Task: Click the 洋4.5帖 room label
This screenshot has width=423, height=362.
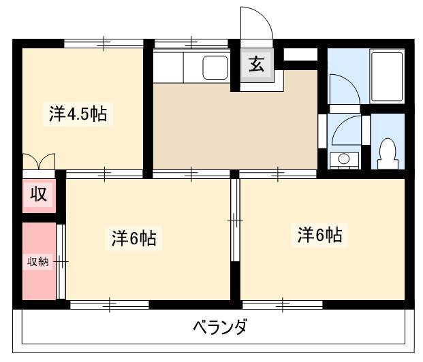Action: [78, 114]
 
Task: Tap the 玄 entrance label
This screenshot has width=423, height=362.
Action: [257, 65]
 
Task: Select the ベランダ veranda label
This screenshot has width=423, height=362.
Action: [219, 327]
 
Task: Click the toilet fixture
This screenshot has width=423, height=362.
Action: [388, 154]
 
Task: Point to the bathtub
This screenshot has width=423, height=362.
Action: [387, 76]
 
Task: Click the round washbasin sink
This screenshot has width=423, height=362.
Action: [344, 159]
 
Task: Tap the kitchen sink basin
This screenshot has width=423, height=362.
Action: [215, 67]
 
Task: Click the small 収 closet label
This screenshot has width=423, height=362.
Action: [39, 194]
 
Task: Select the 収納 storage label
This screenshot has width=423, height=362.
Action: [38, 261]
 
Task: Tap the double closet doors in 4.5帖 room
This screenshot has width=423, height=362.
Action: [39, 161]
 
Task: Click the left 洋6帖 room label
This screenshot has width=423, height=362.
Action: [134, 238]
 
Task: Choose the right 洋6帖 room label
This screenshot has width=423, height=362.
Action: [319, 235]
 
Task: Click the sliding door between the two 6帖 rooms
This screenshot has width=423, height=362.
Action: [235, 220]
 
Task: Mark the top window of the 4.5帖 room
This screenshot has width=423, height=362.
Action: [104, 43]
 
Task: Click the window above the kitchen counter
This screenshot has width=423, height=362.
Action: [191, 43]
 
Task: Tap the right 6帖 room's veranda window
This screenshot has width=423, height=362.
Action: [283, 305]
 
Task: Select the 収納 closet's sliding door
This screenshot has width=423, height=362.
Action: [61, 261]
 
